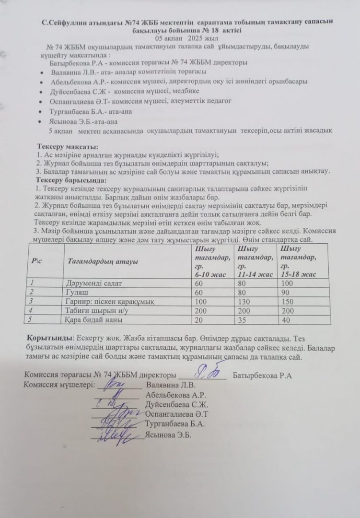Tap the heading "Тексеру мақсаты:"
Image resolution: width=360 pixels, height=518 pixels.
[x=67, y=146]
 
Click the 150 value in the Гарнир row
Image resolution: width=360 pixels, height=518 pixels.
[x=288, y=301]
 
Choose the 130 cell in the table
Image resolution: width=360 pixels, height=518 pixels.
[x=244, y=301]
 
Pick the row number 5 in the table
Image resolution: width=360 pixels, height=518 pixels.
[x=33, y=319]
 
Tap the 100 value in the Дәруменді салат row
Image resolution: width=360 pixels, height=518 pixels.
[x=288, y=283]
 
